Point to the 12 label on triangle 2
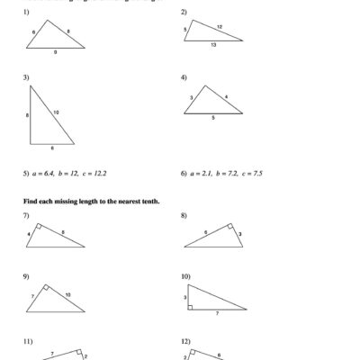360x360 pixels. tap(219, 27)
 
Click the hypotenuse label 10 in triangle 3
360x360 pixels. tap(55, 112)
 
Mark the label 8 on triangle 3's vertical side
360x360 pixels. tap(27, 115)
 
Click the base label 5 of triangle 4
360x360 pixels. tap(214, 118)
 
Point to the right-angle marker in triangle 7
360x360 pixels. tap(37, 227)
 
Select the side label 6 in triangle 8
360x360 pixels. tap(205, 232)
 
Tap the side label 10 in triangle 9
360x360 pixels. tap(67, 294)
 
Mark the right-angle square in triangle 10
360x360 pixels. tap(191, 308)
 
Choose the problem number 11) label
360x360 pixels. tap(28, 341)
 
